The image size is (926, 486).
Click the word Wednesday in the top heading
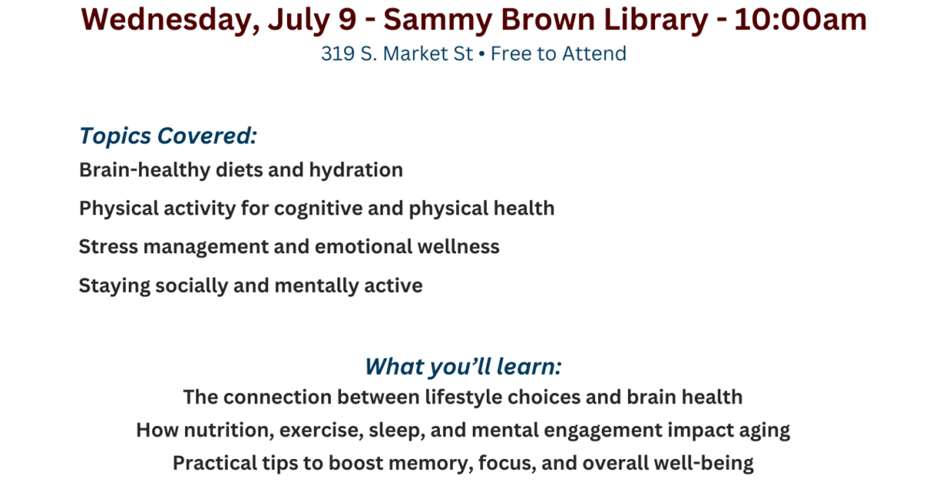coord(171,21)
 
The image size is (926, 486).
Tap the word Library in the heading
coord(656,21)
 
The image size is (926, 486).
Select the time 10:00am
coord(800,20)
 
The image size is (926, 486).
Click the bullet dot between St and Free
coord(482,54)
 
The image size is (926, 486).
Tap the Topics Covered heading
coord(168,136)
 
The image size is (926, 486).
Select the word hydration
coord(356,170)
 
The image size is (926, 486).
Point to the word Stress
coord(108,247)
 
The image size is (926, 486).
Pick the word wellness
coord(458,247)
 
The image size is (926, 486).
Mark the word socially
coord(191,286)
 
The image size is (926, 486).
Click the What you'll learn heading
coord(463,366)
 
